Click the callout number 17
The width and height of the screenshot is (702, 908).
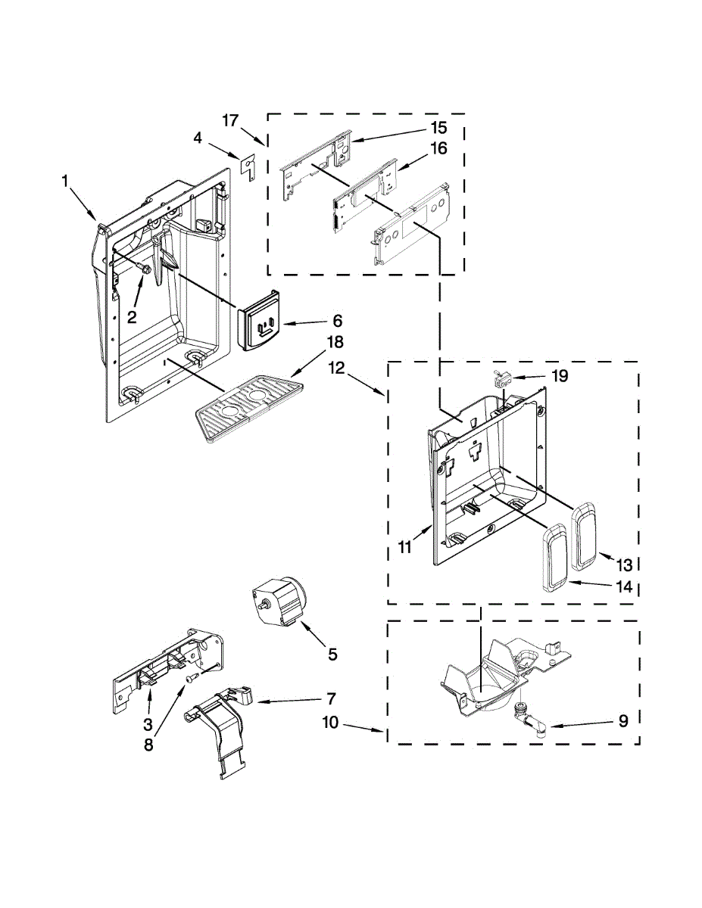[231, 120]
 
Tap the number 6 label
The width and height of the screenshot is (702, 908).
[338, 320]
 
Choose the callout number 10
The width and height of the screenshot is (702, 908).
[330, 723]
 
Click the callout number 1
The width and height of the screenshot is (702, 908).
[66, 180]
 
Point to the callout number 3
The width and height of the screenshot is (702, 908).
[147, 724]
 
